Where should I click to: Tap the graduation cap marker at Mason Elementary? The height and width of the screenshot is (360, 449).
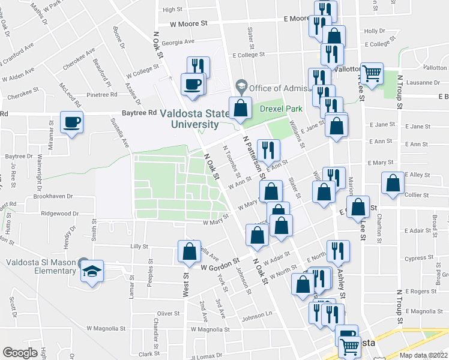[92, 271]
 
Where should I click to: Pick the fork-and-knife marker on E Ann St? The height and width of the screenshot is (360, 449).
[268, 150]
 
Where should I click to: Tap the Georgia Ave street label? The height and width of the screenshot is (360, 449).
[178, 42]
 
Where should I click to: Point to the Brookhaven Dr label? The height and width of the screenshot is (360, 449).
[53, 196]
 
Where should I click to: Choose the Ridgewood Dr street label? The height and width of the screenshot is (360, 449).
[59, 214]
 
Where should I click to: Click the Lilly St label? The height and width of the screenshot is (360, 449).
[139, 246]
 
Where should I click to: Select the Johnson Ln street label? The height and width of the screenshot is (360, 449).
[258, 317]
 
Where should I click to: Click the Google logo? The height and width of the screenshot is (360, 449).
[20, 352]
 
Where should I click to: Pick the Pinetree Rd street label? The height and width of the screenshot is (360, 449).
[88, 95]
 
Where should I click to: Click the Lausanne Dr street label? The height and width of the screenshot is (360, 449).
[424, 83]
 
